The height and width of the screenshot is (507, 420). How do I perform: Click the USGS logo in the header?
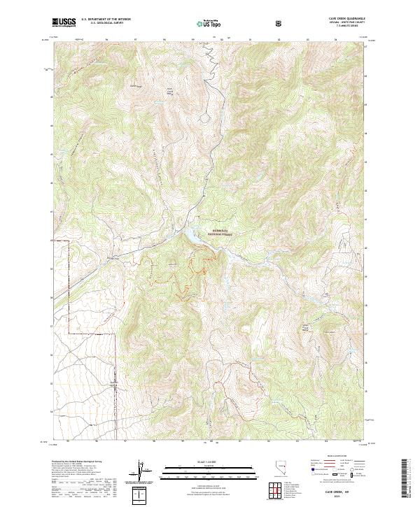tap(64, 22)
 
